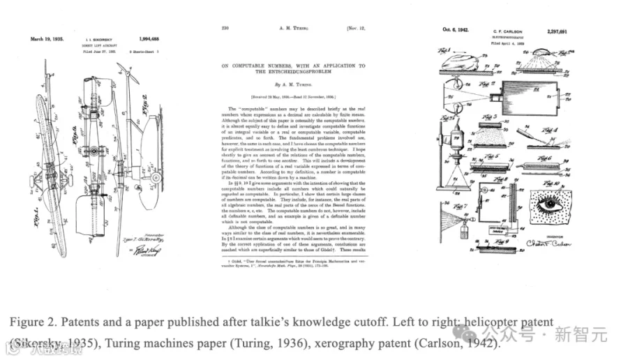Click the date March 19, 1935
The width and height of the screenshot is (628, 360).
[47, 39]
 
